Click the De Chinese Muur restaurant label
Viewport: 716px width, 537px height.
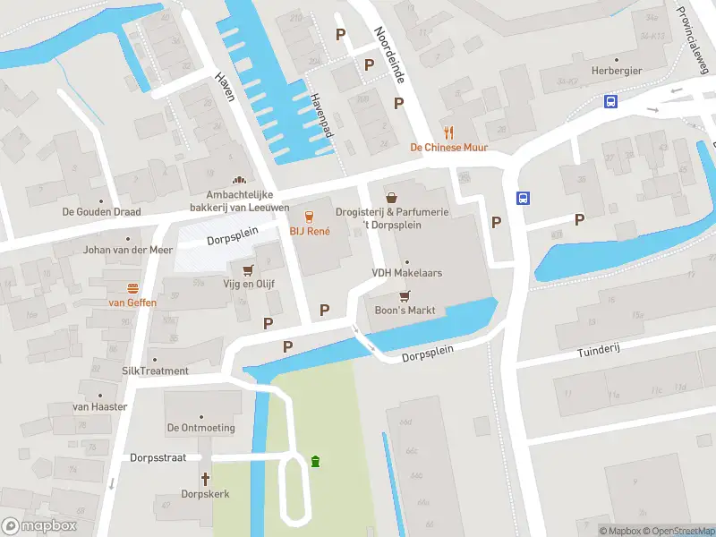point(448,148)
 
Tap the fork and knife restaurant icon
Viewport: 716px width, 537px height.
point(448,132)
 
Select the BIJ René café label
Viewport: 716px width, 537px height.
point(309,231)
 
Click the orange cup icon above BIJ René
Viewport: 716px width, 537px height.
point(310,216)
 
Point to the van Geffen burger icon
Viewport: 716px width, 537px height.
point(132,288)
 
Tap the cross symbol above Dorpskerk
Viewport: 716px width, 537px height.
point(205,479)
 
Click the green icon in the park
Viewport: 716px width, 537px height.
point(315,461)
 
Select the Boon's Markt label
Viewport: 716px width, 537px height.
point(405,311)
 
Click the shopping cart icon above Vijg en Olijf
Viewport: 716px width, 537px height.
point(248,269)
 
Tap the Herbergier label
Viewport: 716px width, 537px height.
point(617,71)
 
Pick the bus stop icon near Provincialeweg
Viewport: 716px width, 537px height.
point(611,101)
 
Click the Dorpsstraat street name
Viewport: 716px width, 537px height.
point(158,457)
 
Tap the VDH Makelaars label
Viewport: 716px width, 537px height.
point(407,273)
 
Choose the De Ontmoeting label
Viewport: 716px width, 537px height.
point(200,428)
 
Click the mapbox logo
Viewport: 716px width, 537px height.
point(38,525)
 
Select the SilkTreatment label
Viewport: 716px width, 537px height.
point(155,371)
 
